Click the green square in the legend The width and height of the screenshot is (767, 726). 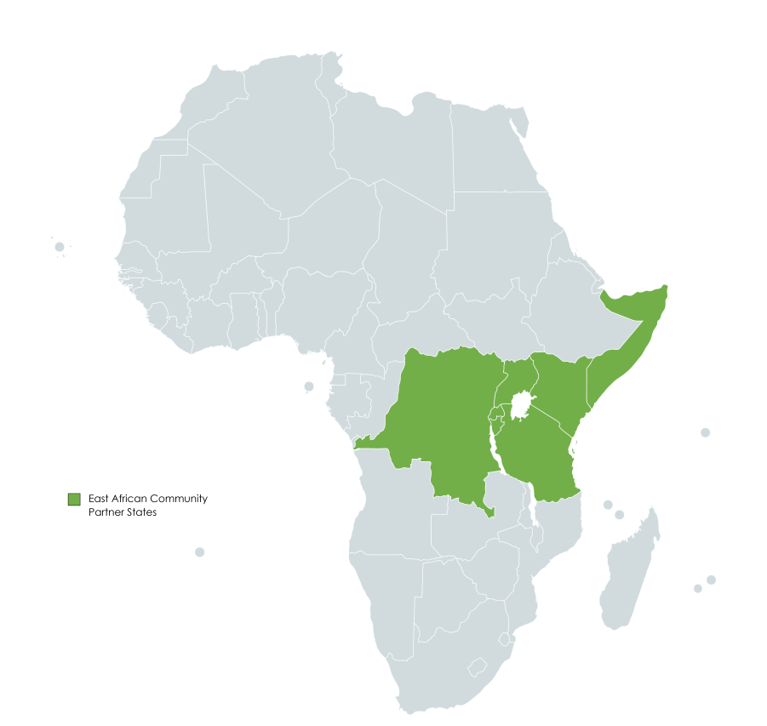coord(73,499)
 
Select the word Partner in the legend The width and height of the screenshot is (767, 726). coord(106,512)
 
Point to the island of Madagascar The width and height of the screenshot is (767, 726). coord(630,570)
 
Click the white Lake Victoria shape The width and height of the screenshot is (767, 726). coord(521,405)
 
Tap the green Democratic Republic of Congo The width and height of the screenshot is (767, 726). coord(443,417)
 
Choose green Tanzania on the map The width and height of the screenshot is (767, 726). coord(536,460)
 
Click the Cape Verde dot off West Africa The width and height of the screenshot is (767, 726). coord(60,247)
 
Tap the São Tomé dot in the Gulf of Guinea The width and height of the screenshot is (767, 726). coord(309,386)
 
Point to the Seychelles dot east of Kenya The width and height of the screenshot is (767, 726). coord(705,432)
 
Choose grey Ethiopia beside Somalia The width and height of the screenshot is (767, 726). coord(570,315)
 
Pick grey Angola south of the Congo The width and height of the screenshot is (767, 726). coord(392,511)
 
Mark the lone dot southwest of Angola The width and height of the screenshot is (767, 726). coord(199,552)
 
